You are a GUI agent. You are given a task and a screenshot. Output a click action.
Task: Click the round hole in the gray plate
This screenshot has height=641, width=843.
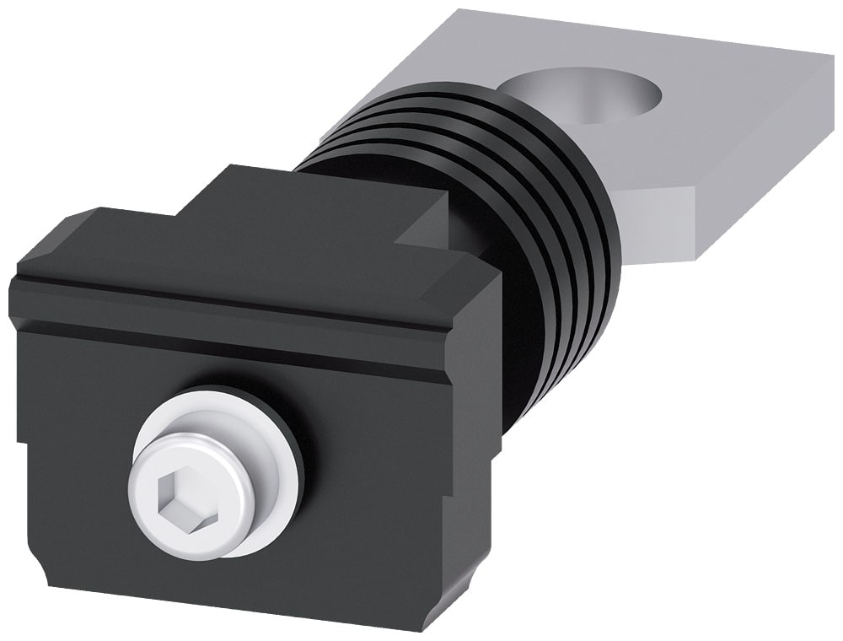point(586,93)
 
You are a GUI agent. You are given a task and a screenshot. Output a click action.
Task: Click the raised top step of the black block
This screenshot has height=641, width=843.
point(320,198)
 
